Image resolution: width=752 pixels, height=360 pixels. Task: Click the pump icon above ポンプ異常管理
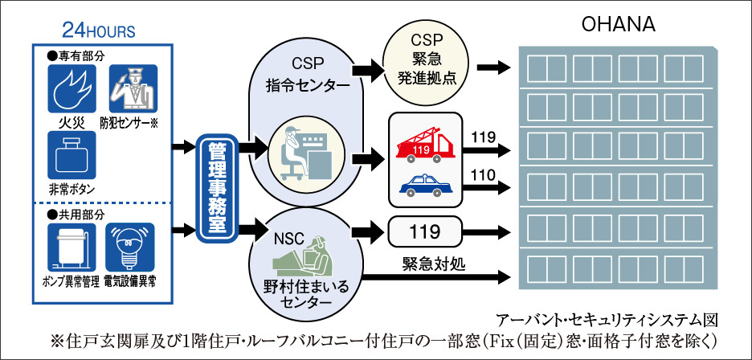(x=72, y=247)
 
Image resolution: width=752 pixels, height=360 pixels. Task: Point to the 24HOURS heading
(x=99, y=31)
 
